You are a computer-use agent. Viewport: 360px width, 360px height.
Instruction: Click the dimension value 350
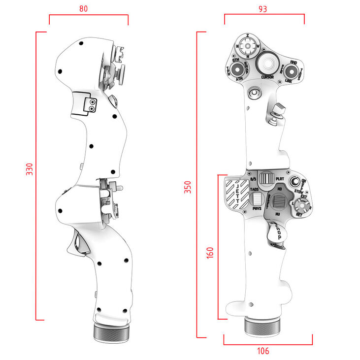188,187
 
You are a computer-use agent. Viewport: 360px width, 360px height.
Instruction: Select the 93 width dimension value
263,8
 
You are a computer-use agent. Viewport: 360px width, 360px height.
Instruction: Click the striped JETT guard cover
236,195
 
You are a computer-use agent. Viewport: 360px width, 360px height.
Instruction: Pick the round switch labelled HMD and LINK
291,70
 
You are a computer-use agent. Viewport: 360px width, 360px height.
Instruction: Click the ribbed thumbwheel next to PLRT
266,178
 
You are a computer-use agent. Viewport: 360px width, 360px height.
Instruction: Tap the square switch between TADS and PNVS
257,199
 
